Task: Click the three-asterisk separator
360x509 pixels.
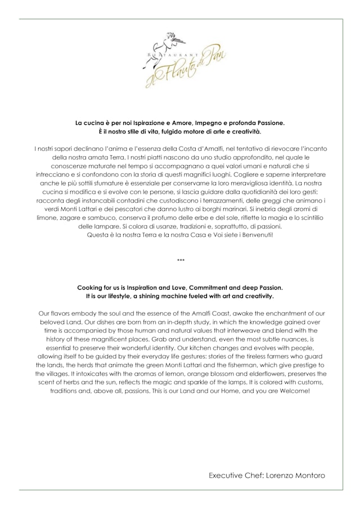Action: pos(181,260)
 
